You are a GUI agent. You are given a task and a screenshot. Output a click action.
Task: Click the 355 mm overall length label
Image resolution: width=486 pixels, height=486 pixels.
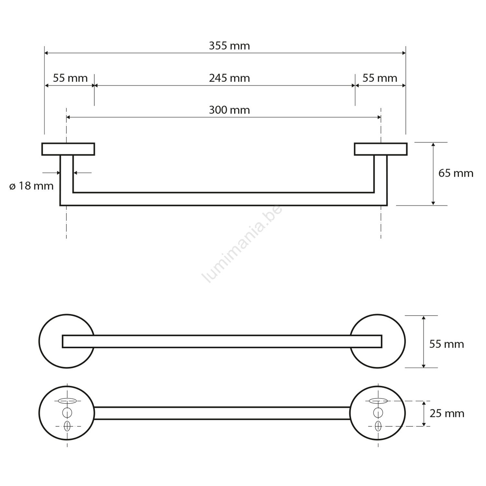coord(229,46)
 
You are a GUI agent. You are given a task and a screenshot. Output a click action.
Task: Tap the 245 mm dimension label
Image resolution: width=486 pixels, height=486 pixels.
coord(229,78)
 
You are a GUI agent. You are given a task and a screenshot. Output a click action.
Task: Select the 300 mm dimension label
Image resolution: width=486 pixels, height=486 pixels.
coord(229,110)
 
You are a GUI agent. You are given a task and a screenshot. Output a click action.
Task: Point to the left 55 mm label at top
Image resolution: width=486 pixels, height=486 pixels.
coord(70,78)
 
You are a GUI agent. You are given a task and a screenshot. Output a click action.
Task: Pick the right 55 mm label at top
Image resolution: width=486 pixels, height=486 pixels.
coord(380,78)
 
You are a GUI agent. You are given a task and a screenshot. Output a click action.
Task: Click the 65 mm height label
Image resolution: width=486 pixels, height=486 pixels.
coord(456,173)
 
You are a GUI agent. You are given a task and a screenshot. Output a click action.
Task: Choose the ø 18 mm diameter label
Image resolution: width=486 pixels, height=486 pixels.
coord(31,186)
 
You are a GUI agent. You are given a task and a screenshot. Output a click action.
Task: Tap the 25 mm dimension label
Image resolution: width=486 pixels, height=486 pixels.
coord(447,413)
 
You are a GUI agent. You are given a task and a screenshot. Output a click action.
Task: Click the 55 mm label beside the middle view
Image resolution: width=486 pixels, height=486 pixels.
coord(447,344)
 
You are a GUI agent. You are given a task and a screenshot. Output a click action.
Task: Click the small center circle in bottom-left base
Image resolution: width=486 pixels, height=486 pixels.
coord(67,413)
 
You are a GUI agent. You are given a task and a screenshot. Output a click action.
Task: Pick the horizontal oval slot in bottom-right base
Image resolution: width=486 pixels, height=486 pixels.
coord(378,401)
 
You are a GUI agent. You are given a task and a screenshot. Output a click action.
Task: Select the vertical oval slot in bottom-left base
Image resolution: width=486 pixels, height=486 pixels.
coord(67,426)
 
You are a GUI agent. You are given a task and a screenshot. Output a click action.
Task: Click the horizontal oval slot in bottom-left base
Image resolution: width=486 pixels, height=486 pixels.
coord(67,401)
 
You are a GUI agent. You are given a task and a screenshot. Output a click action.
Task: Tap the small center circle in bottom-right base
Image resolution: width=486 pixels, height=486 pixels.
coord(378,413)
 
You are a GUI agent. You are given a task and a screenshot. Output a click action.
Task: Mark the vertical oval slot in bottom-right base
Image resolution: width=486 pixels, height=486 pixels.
coord(378,426)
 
